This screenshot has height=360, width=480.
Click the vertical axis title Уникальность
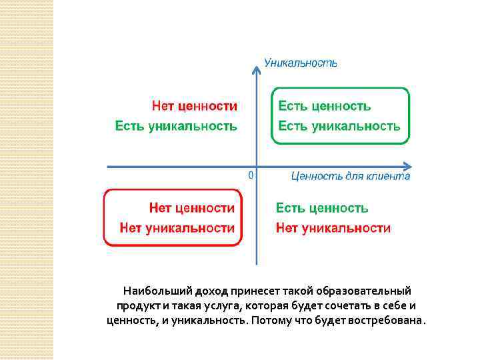coord(301,63)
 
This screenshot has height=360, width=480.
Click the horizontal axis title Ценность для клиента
coord(351,176)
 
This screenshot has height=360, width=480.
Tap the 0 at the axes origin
coord(250,175)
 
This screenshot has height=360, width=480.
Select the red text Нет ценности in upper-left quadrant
coord(195,105)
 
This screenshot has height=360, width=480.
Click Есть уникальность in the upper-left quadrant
coord(176,125)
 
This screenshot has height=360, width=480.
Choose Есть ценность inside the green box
coord(324,105)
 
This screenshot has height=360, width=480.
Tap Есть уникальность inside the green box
coord(339,125)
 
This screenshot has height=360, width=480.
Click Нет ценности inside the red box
coord(192,208)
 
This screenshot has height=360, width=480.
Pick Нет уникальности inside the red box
coord(177,228)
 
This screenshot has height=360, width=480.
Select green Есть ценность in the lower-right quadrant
coord(322,208)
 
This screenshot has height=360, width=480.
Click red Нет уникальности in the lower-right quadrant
coord(333,228)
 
